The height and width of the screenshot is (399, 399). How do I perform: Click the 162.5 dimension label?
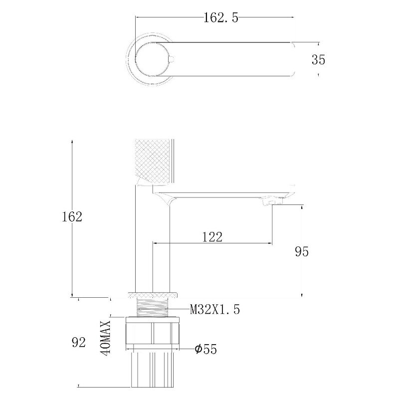coord(221,18)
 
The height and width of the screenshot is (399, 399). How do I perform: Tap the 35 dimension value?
coord(318,60)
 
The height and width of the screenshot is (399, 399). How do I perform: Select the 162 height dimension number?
coord(72,217)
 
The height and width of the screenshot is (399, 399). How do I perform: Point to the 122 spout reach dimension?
coord(212,237)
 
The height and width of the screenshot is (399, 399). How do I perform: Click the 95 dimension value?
coord(302,251)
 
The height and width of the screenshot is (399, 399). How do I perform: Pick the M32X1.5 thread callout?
coord(215,309)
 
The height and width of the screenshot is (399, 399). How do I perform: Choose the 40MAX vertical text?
coord(105,338)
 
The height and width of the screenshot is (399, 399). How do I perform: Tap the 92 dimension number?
coord(79,343)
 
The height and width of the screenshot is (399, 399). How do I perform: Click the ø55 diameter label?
coord(205,349)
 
